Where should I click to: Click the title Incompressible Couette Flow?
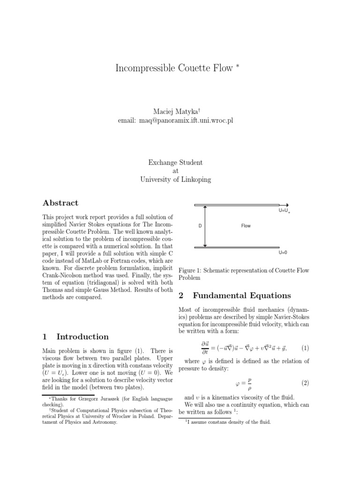(174, 68)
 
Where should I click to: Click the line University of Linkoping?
(176, 180)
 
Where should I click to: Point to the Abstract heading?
(60, 203)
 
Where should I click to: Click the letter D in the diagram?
(200, 226)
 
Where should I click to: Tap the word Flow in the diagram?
(246, 226)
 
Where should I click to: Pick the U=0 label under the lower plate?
(283, 253)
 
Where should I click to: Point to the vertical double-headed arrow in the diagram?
(205, 226)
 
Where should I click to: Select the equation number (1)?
(305, 348)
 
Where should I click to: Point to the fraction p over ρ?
(250, 383)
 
